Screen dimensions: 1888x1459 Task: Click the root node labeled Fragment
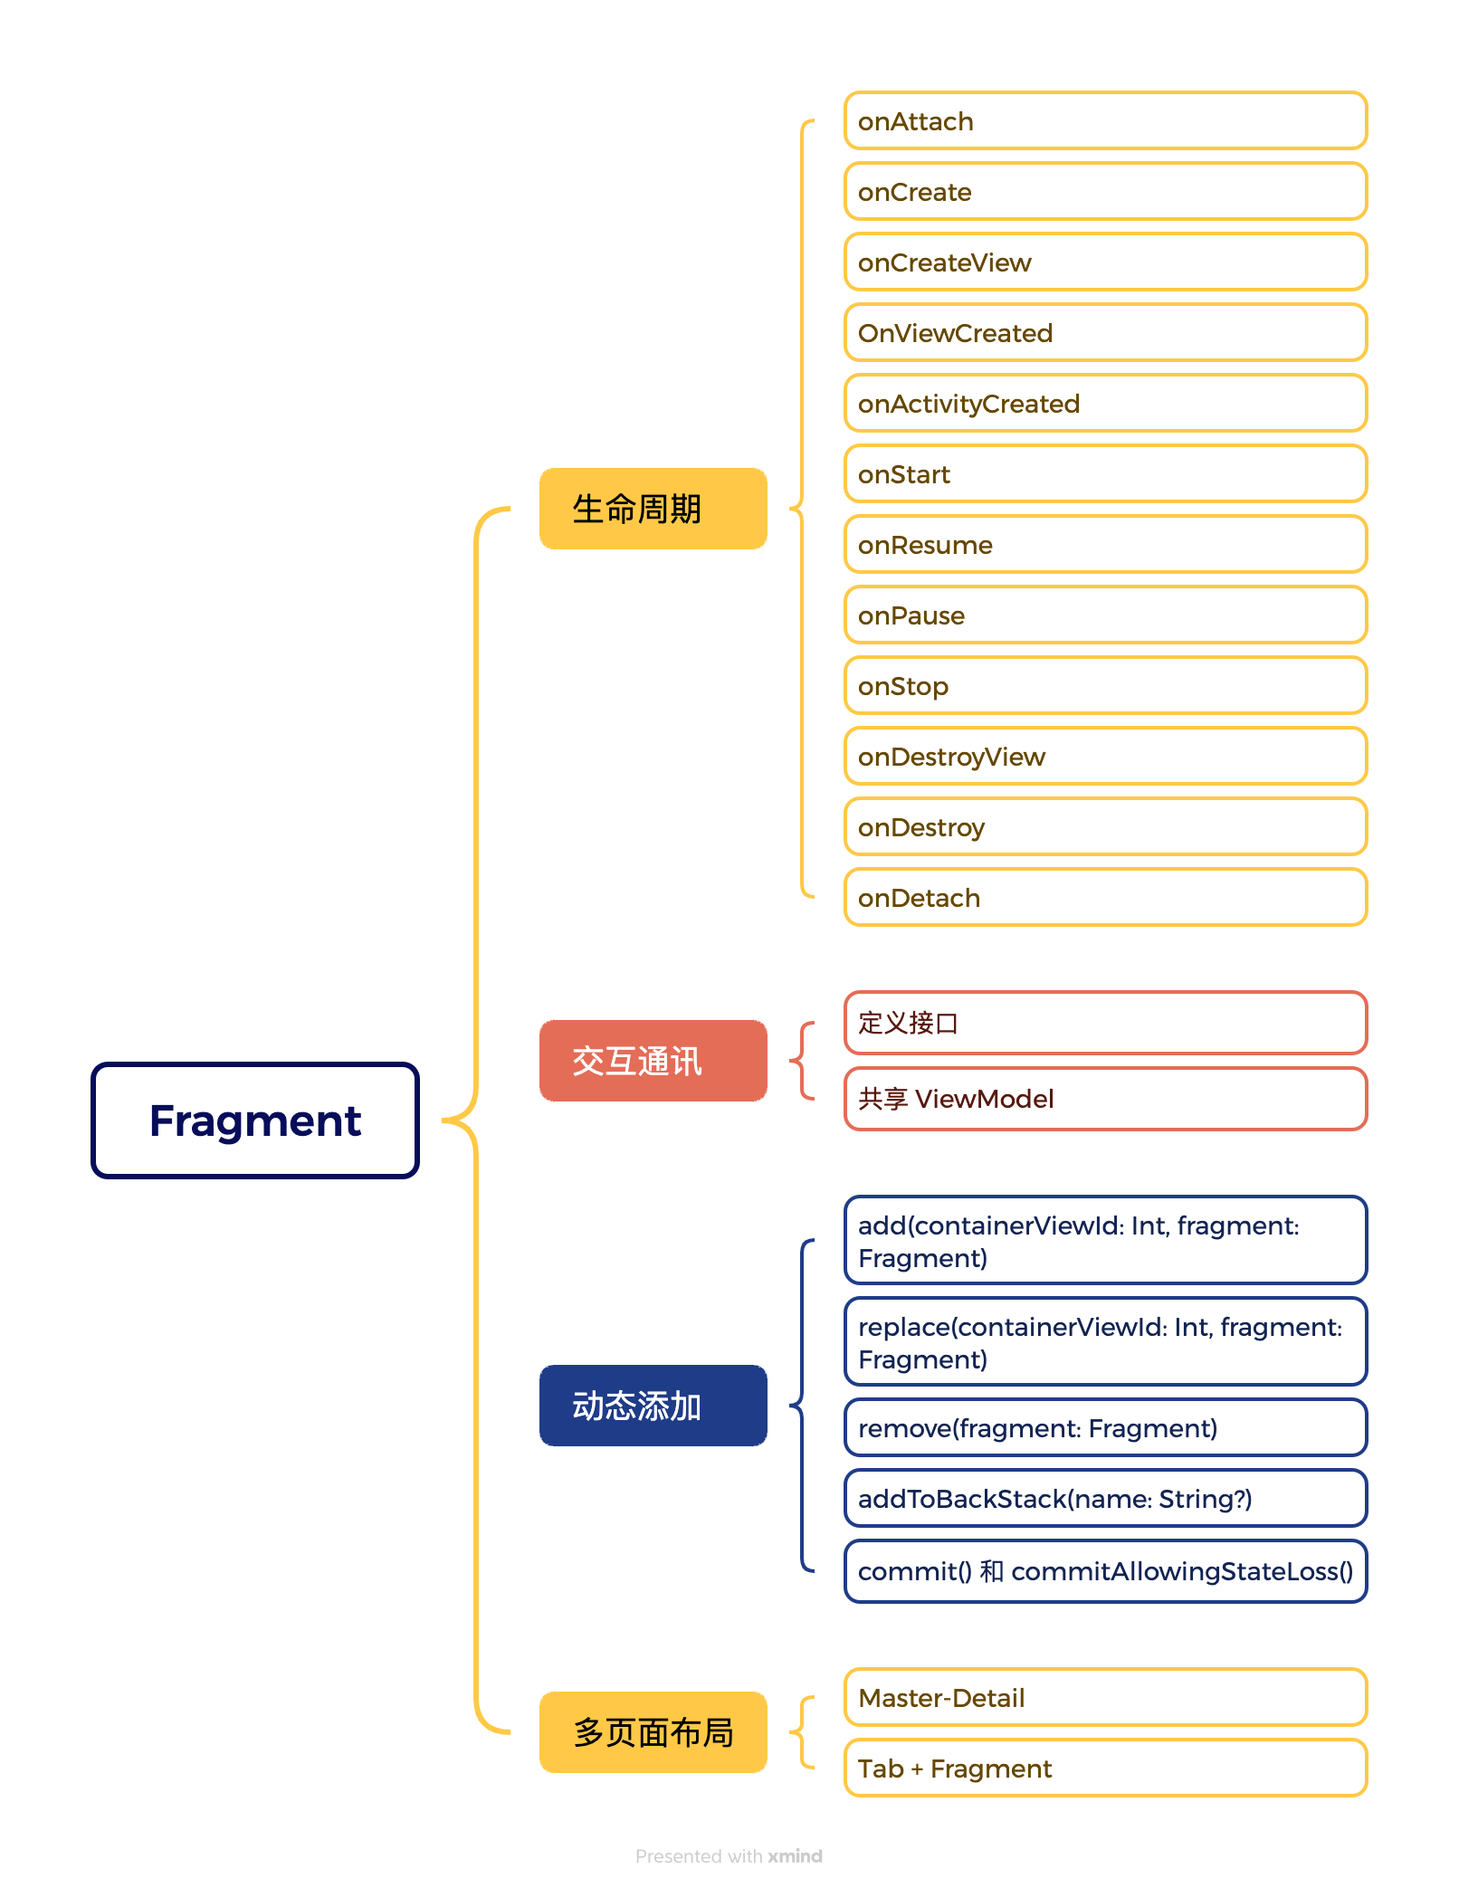tap(254, 1120)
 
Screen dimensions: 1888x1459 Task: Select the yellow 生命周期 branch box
tap(653, 509)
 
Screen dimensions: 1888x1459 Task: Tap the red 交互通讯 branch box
tap(653, 1061)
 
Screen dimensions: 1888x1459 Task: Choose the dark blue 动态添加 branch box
tap(653, 1406)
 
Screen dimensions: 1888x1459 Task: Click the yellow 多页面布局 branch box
tap(653, 1732)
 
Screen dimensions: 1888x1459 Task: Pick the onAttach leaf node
tap(1104, 120)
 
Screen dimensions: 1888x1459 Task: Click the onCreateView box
tap(1104, 262)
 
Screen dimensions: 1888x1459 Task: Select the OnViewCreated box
tap(1104, 333)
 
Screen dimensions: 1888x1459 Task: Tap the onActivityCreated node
tap(1104, 404)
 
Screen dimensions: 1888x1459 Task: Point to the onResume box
tap(1104, 545)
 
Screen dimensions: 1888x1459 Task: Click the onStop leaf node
tap(1104, 686)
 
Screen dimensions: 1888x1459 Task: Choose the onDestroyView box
tap(1104, 757)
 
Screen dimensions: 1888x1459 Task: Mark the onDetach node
tap(1104, 898)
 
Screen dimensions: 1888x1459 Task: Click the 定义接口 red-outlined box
tap(1104, 1023)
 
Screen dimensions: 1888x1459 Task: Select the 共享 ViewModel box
tap(1104, 1099)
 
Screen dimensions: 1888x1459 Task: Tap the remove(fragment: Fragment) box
tap(1104, 1428)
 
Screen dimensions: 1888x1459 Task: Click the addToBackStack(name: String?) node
tap(1104, 1499)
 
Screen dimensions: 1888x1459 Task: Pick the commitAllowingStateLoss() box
tap(1104, 1571)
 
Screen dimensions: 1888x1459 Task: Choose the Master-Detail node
tap(1104, 1698)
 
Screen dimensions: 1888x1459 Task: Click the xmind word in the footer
tap(795, 1856)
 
